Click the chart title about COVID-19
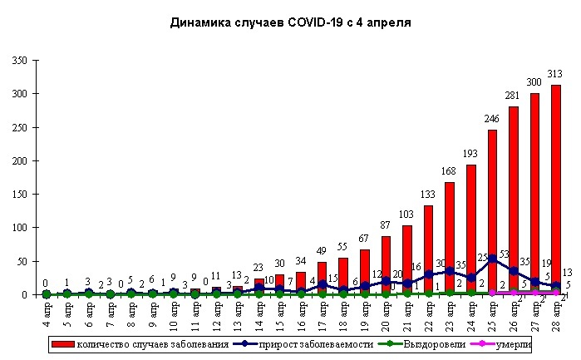pyautogui.click(x=290, y=22)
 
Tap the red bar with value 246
pyautogui.click(x=491, y=212)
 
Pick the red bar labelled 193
pyautogui.click(x=470, y=229)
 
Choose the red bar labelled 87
pyautogui.click(x=386, y=265)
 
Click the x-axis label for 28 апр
pyautogui.click(x=554, y=315)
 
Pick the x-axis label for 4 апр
pyautogui.click(x=47, y=315)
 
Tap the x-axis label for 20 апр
pyautogui.click(x=386, y=315)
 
